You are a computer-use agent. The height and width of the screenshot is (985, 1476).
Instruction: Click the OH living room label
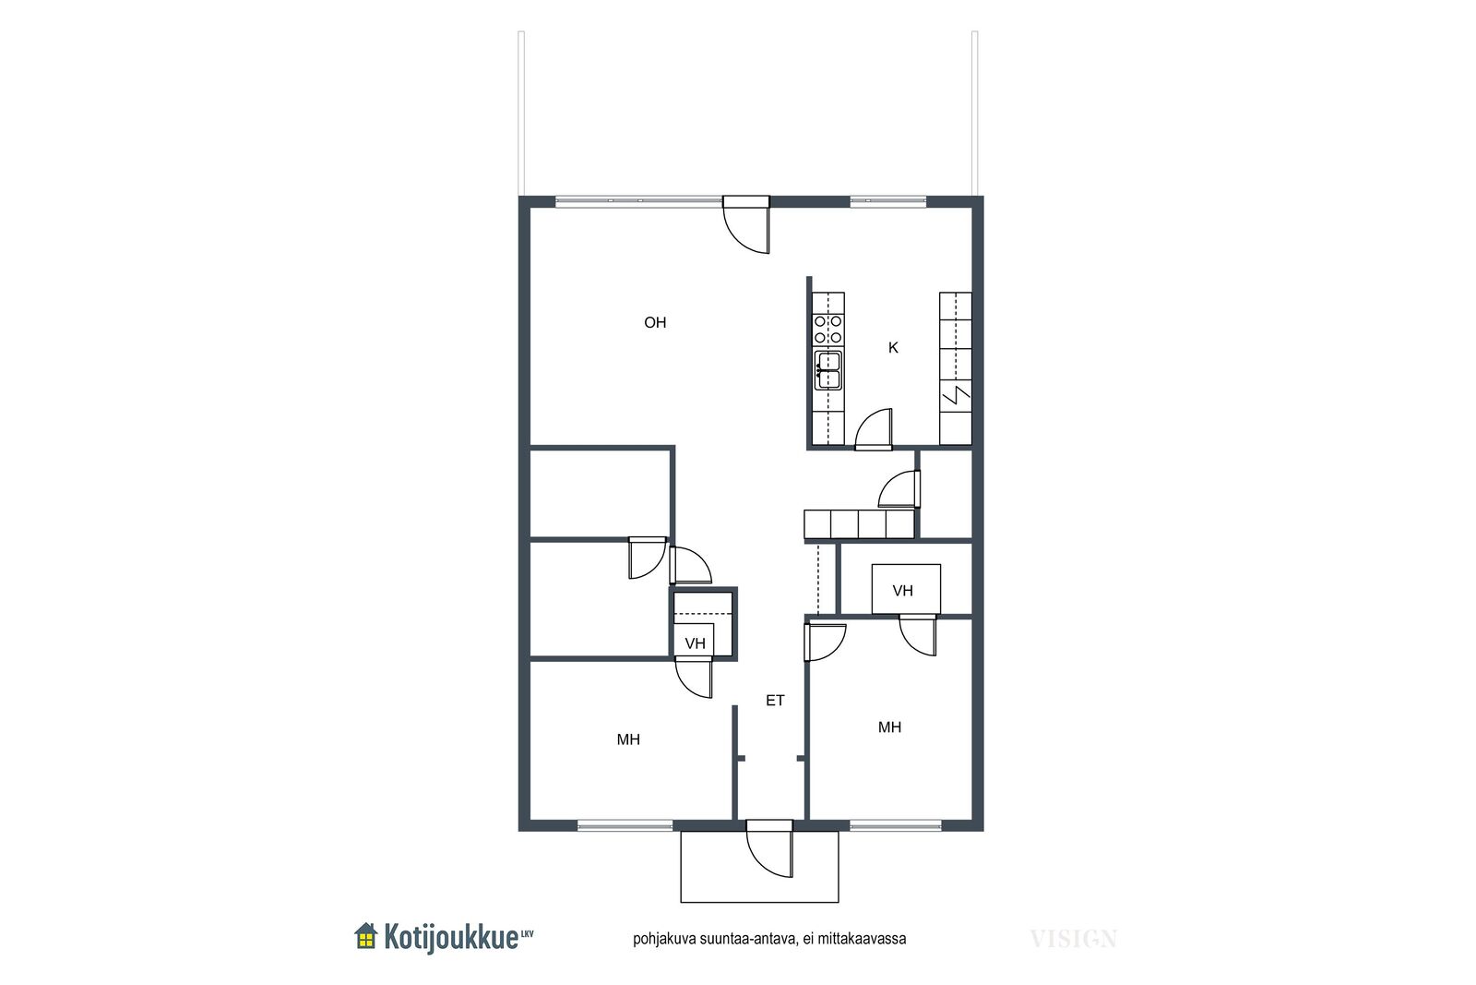point(655,322)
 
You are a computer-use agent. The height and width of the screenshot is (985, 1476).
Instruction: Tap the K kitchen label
point(894,347)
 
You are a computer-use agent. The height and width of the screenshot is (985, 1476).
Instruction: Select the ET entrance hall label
point(775,700)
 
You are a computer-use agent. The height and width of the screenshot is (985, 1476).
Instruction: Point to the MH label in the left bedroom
point(628,739)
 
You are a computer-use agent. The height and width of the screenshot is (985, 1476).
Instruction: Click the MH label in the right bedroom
point(889,727)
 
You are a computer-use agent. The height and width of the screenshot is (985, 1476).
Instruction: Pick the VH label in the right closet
point(903,591)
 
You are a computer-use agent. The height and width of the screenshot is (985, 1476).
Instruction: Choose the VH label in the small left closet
point(696,643)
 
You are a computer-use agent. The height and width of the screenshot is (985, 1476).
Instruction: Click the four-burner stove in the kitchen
point(828,329)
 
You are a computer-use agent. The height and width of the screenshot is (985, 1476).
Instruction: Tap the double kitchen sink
point(828,370)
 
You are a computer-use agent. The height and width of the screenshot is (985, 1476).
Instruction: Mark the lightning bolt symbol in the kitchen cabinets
point(955,396)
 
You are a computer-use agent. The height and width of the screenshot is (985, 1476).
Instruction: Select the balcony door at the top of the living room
point(746,225)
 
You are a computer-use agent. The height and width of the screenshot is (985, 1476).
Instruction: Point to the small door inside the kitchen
point(874,429)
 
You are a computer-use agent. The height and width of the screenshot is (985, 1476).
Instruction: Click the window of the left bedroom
point(625,824)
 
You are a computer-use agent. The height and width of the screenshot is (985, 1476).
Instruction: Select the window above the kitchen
point(888,201)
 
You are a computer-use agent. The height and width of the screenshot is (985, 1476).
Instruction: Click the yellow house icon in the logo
point(365,936)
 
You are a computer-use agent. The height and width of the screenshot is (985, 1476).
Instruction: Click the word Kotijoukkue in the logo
point(451,938)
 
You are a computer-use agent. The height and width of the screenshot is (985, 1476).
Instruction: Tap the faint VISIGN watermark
point(1074,939)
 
